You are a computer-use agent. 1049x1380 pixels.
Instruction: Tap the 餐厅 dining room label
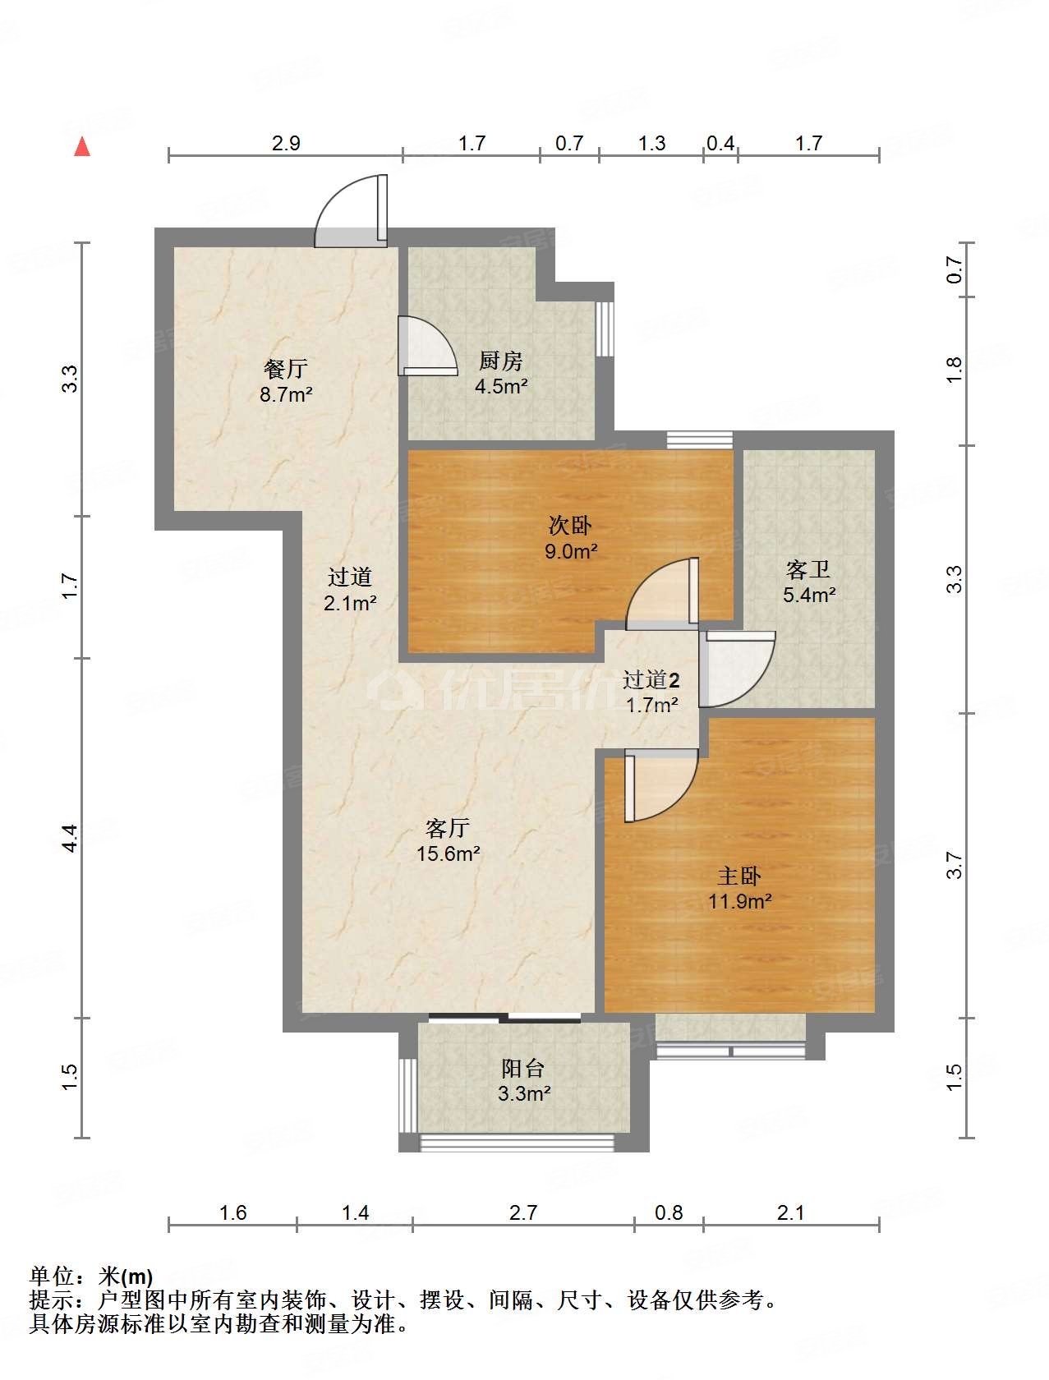(x=286, y=369)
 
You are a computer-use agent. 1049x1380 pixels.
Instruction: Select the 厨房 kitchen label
(x=500, y=361)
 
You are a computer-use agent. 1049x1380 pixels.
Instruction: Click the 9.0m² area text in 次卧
(x=571, y=551)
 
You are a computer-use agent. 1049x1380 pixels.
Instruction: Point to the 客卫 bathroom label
(x=808, y=569)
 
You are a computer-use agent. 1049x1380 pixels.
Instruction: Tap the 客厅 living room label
(x=448, y=828)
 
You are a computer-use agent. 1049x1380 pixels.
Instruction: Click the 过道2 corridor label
(x=651, y=679)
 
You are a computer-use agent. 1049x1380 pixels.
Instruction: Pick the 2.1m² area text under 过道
(x=350, y=603)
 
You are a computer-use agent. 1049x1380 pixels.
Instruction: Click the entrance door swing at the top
(x=351, y=210)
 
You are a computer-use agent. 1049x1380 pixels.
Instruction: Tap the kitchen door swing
(x=427, y=346)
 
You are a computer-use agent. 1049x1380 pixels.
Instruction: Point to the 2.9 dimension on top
(x=286, y=143)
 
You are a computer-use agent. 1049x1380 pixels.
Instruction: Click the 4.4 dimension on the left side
(x=70, y=838)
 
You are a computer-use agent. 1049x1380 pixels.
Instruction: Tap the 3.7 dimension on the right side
(x=954, y=864)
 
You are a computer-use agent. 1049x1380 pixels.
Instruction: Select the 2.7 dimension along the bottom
(x=523, y=1212)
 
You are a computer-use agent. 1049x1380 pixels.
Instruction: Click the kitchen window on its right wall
(x=605, y=329)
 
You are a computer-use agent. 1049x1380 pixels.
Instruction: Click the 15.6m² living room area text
(x=449, y=853)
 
